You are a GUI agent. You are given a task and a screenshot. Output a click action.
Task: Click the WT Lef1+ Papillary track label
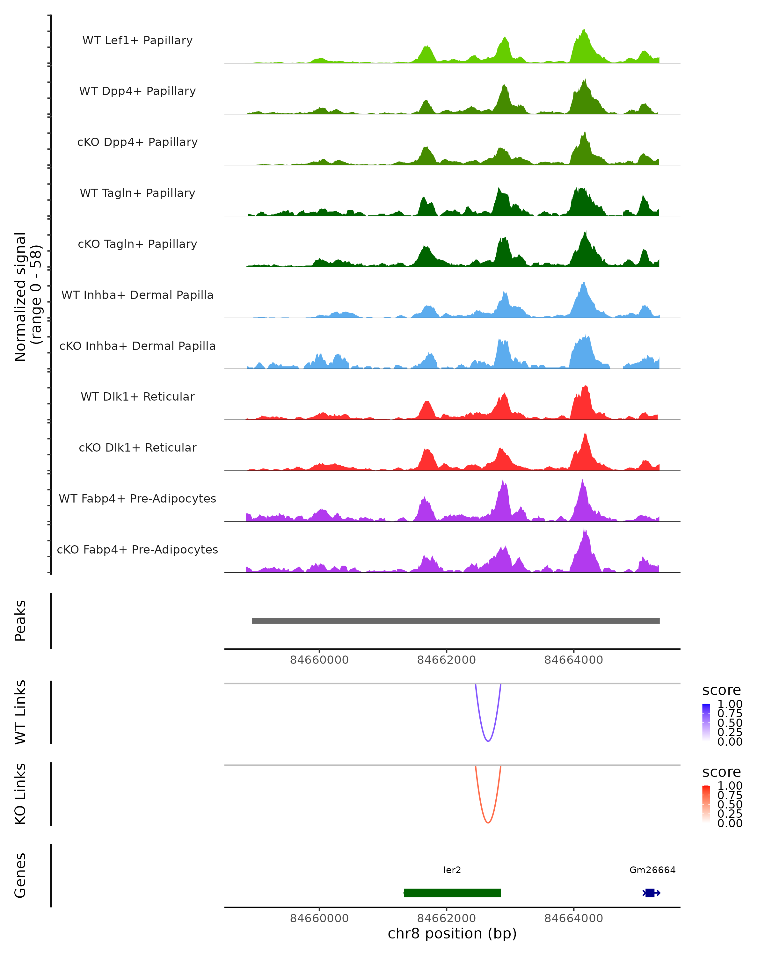[137, 40]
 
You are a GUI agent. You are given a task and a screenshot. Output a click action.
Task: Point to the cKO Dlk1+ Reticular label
[137, 447]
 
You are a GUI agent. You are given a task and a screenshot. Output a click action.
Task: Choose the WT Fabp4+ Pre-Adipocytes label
[137, 498]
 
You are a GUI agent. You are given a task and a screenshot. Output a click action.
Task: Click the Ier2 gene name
[452, 870]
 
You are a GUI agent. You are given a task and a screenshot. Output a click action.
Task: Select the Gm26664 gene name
[652, 870]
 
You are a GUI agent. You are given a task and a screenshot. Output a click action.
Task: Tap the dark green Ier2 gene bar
[452, 893]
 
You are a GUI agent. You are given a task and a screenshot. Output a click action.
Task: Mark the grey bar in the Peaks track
[455, 621]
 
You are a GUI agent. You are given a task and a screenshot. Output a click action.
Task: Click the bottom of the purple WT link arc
[488, 741]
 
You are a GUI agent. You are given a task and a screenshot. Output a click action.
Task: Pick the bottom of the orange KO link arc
[488, 822]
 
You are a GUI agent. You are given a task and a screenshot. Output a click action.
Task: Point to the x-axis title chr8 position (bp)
[452, 934]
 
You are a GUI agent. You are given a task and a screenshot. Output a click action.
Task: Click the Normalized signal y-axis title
[27, 297]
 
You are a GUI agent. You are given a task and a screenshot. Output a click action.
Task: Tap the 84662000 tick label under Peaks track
[446, 660]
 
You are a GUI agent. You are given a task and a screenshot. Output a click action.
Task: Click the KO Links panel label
[20, 794]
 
